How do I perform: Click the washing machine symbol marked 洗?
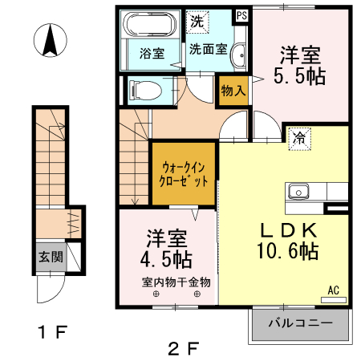196,22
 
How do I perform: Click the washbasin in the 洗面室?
237,55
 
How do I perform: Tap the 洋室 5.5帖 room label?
300,67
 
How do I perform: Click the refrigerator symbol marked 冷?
298,137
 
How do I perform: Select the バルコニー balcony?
300,323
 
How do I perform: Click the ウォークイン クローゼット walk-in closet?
184,174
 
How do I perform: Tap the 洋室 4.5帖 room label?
168,249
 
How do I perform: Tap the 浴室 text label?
152,55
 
